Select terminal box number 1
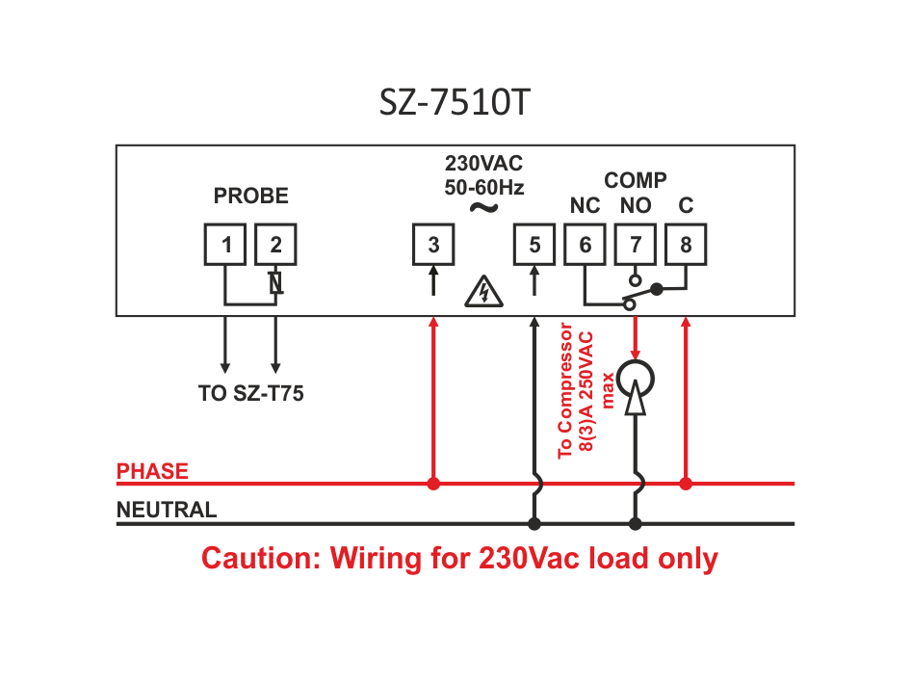coord(226,245)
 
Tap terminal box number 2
coord(276,245)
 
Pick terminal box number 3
coord(433,245)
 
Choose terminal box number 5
coord(534,245)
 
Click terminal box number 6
coord(586,245)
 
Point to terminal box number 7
coord(636,245)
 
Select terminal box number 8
coord(686,245)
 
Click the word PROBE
coord(250,196)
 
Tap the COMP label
coord(636,180)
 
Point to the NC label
coord(585,206)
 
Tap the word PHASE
coord(152,472)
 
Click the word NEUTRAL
coord(167,511)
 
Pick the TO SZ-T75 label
coord(250,393)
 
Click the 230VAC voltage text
coord(483,163)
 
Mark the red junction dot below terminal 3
coord(433,484)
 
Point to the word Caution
coord(257,559)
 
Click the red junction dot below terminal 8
coord(686,484)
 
